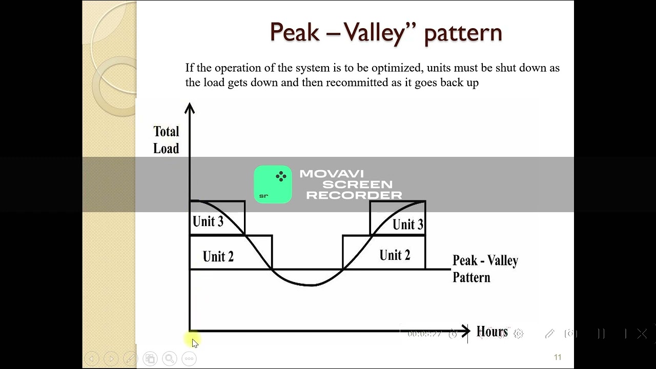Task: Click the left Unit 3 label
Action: pos(208,221)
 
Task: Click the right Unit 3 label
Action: pos(408,224)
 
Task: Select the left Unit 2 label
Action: pos(218,256)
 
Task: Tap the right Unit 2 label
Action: pos(395,255)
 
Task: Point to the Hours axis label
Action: pos(492,332)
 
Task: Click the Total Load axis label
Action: pos(166,140)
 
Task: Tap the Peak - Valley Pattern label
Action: pos(485,269)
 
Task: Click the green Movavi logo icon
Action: pos(273,184)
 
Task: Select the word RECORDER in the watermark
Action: pos(354,195)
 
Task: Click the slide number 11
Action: pos(558,357)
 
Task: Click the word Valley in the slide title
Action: pos(374,33)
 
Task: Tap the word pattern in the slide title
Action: pos(463,33)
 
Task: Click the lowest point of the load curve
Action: pos(311,285)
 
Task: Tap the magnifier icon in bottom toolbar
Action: pos(169,359)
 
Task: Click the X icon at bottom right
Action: pos(642,334)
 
